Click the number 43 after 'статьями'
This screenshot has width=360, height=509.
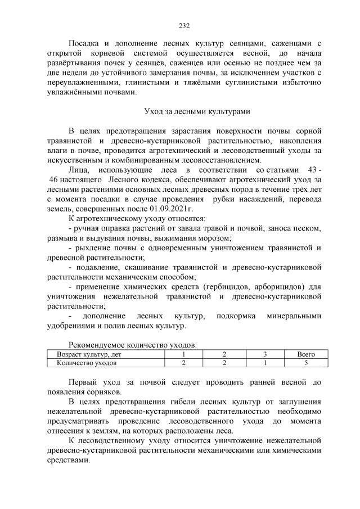coord(309,169)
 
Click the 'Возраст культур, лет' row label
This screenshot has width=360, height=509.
coord(89,355)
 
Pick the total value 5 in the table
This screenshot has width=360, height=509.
coord(305,363)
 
